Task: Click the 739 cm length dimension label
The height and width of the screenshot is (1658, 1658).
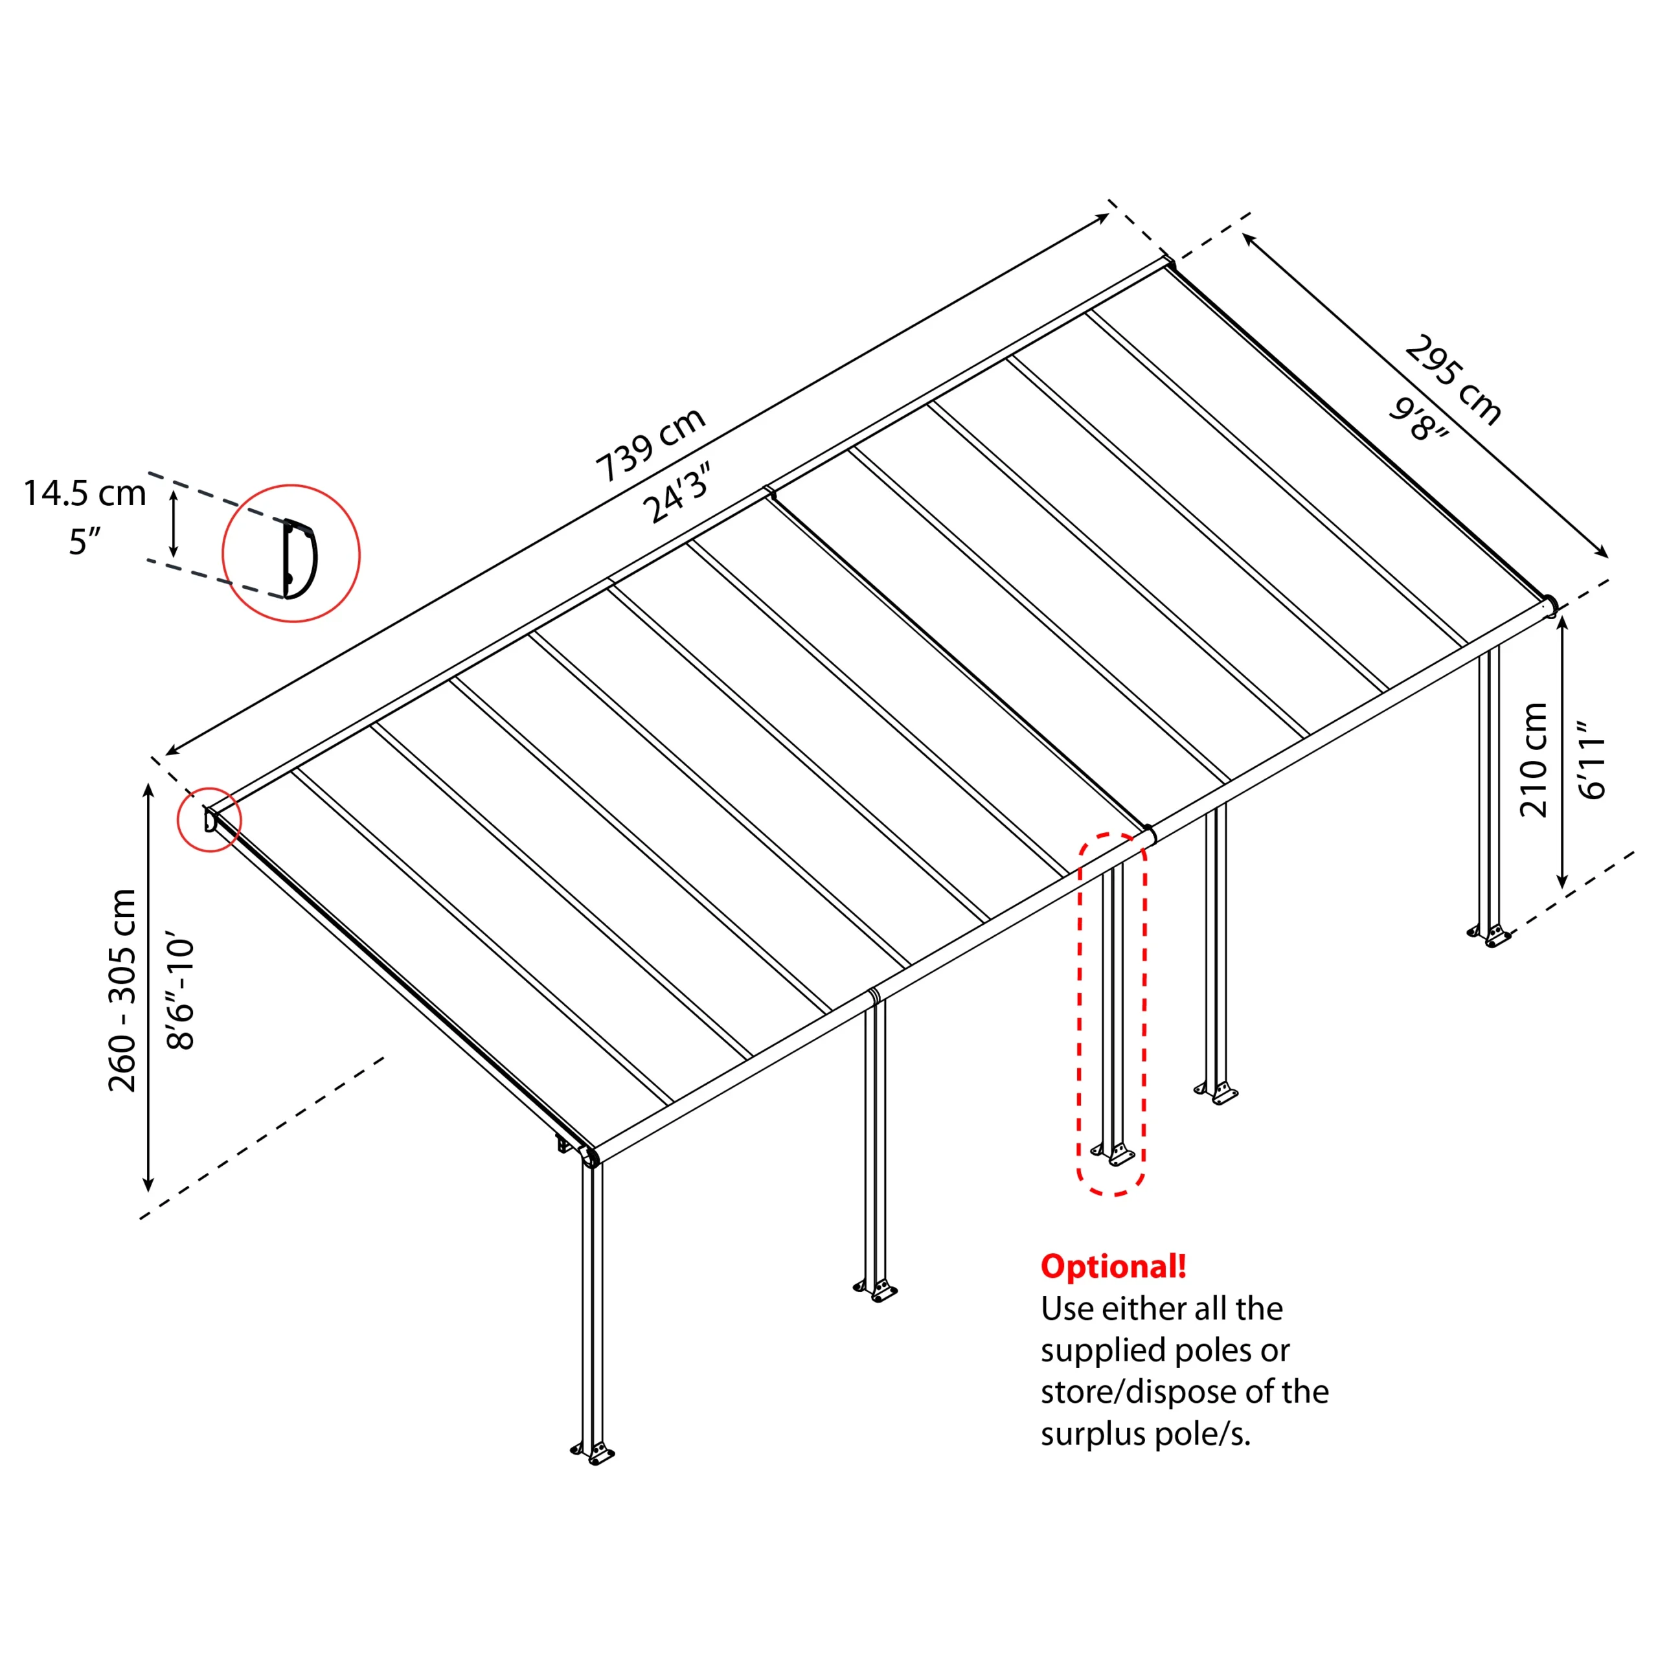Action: (x=650, y=444)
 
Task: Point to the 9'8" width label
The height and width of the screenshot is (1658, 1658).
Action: (x=1418, y=420)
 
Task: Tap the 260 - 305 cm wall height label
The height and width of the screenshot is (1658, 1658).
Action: (x=122, y=991)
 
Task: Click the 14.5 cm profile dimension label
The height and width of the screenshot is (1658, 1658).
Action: (x=84, y=494)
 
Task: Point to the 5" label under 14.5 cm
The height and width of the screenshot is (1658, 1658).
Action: (x=84, y=542)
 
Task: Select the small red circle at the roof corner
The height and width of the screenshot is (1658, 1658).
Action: (x=209, y=819)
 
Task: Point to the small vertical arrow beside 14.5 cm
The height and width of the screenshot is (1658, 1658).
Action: (x=174, y=523)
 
